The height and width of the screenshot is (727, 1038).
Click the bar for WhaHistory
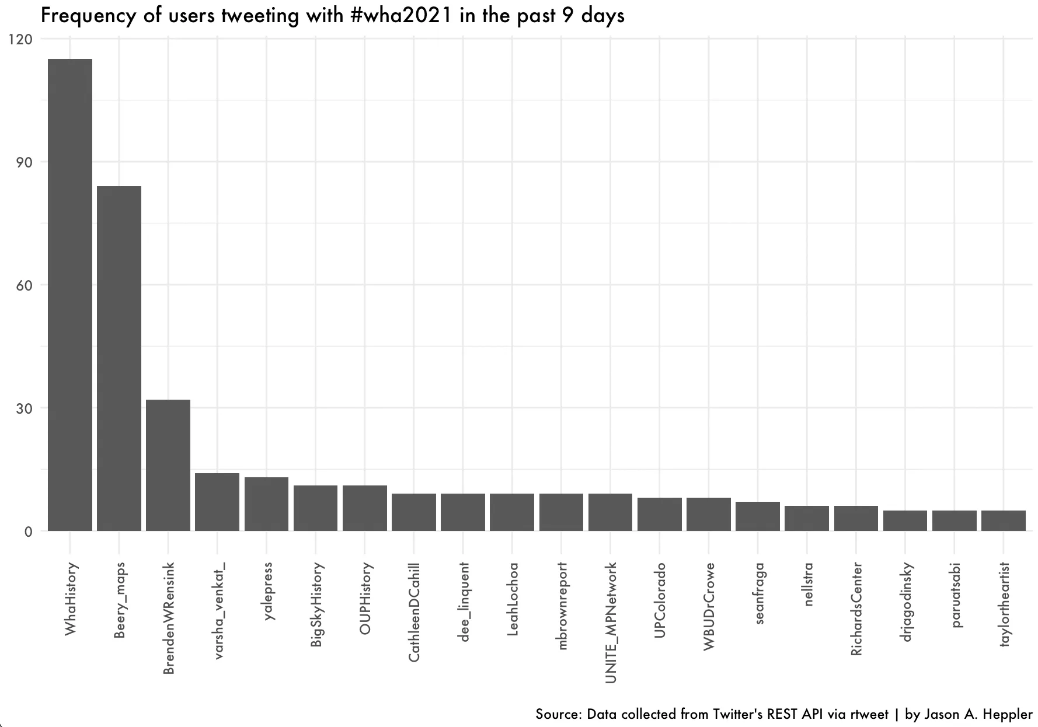tap(70, 295)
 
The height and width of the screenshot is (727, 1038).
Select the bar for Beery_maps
tap(119, 358)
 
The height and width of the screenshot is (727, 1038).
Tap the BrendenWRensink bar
tap(168, 465)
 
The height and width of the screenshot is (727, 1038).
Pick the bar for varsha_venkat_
tap(217, 502)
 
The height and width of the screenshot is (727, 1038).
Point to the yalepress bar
tap(266, 504)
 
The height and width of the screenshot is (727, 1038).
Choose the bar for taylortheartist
tap(1004, 520)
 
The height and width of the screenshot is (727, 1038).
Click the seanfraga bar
tap(758, 516)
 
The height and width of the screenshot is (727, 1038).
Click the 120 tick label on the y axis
tap(20, 39)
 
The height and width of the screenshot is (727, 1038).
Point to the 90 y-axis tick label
tap(24, 162)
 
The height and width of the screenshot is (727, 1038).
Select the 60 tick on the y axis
tap(24, 285)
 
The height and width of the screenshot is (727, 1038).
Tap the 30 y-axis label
tap(24, 408)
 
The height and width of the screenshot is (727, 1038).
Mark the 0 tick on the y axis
tap(28, 532)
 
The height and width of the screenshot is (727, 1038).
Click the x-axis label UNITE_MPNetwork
tap(611, 623)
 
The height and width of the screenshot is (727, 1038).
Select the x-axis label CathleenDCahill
tap(414, 612)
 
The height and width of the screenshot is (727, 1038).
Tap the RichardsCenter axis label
tap(856, 609)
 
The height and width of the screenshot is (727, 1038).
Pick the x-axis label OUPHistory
tap(365, 598)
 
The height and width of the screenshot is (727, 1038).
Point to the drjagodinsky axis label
tap(905, 602)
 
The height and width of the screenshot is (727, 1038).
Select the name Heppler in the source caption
tap(1008, 715)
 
